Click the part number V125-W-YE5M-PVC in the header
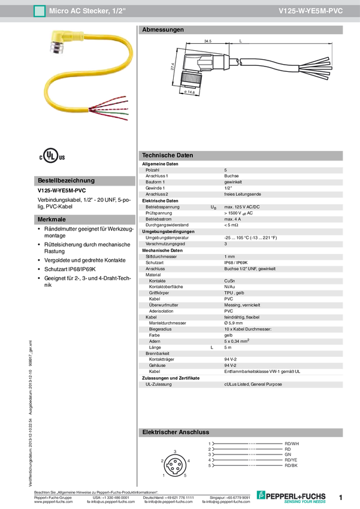[311, 11]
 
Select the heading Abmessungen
[163, 29]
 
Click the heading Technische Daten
[168, 155]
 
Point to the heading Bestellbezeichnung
[66, 180]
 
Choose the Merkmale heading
[52, 220]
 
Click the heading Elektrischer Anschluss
[175, 432]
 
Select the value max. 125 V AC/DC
[243, 207]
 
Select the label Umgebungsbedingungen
[168, 232]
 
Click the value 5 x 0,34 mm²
[237, 341]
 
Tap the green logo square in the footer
[260, 494]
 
